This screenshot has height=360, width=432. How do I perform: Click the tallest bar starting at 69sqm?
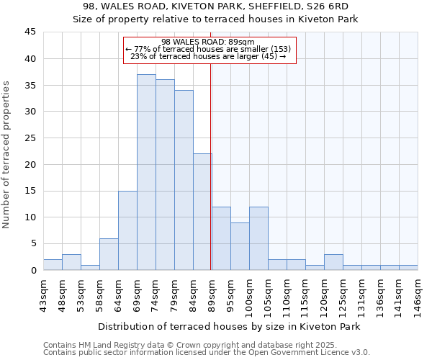146,172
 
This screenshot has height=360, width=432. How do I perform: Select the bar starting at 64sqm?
127,230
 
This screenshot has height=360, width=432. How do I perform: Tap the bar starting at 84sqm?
202,212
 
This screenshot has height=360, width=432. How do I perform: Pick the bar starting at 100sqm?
258,238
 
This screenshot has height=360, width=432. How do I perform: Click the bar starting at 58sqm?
109,254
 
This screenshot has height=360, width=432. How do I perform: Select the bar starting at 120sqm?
333,262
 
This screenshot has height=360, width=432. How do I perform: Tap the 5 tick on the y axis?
32,243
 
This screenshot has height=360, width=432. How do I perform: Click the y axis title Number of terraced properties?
6,155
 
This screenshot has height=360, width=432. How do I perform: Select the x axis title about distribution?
229,326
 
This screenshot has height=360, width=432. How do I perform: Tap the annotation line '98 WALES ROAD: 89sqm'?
208,42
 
